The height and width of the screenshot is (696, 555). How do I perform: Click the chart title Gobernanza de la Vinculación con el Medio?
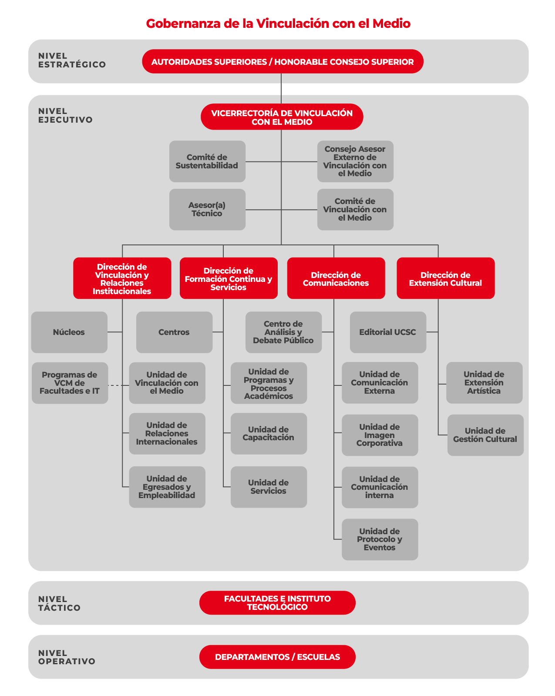pos(278,23)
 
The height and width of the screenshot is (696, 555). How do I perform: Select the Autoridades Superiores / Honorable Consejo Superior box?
pos(283,61)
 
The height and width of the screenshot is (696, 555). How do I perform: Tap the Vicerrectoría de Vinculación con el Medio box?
pos(282,117)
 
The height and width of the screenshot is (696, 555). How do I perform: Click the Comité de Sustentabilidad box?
pos(207,161)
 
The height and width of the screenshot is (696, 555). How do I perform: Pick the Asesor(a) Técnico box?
pos(207,209)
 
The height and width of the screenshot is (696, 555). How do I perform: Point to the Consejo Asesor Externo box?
pos(355,161)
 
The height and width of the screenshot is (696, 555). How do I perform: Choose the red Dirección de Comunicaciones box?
pos(336,278)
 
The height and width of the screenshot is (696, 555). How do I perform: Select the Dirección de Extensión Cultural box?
pos(445,278)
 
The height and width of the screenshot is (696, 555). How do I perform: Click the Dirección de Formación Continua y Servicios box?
pos(229,278)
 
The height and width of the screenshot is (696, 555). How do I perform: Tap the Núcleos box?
pos(69,332)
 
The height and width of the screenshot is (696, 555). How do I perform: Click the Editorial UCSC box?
pos(388,332)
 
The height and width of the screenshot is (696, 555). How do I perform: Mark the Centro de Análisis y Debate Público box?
pos(283,332)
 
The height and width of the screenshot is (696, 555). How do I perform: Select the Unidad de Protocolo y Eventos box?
pos(380,539)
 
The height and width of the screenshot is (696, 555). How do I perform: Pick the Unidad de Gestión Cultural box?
pos(485,435)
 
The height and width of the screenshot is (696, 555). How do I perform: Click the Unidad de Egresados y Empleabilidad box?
pos(167,487)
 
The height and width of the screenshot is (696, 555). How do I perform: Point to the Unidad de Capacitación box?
pos(269,434)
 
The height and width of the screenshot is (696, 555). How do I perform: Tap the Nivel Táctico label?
pos(59,603)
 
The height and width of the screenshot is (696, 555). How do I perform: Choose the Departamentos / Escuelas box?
pos(277,657)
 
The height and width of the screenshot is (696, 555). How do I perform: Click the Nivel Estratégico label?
pos(72,60)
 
